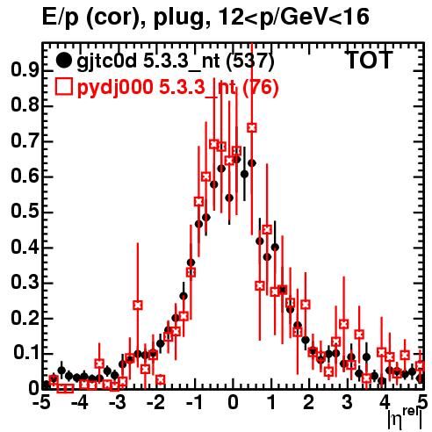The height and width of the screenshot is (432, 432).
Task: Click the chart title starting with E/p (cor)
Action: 205,17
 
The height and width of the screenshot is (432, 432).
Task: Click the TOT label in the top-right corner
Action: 370,60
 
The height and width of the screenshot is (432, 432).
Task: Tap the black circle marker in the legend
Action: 63,61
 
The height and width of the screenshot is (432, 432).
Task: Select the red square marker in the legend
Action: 63,87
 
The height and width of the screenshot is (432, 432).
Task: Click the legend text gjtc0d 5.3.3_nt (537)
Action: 176,61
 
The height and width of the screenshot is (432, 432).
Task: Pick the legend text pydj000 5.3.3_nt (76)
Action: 177,88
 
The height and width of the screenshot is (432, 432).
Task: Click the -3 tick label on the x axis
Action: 118,402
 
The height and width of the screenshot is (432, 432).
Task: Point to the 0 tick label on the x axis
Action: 233,402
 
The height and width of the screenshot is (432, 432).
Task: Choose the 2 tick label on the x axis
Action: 309,402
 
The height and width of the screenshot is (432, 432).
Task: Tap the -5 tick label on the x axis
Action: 43,402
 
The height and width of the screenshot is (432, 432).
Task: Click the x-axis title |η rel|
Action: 406,418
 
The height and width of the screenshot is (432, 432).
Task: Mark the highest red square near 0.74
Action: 252,127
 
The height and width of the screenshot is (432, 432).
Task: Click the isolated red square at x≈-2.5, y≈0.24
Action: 138,305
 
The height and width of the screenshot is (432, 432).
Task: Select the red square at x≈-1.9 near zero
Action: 161,380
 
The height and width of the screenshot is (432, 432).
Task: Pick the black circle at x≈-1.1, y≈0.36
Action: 191,263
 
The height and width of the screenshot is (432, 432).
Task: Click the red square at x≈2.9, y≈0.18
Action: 344,324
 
